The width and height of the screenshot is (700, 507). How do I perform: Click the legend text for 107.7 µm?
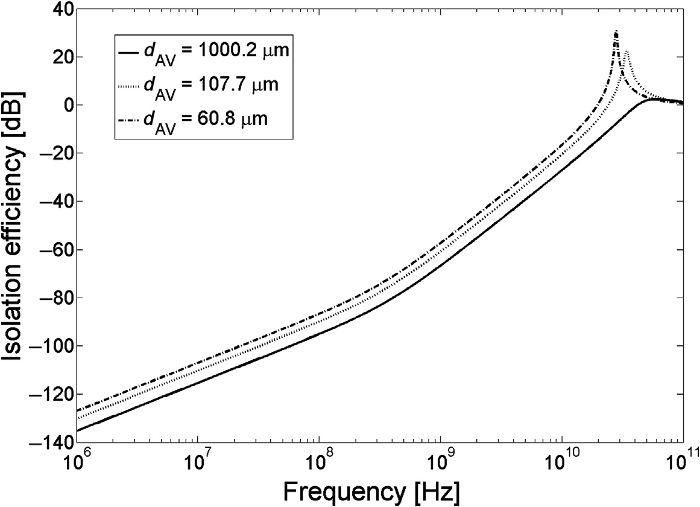[x=210, y=86]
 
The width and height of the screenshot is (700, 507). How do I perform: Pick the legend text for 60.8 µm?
[x=205, y=119]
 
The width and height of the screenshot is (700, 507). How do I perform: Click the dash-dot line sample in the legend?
[x=128, y=119]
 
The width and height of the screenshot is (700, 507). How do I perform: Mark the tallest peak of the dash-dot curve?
[x=616, y=31]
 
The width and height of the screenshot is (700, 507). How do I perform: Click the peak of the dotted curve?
[x=626, y=52]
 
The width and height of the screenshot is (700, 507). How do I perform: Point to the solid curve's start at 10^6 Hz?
[x=77, y=430]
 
